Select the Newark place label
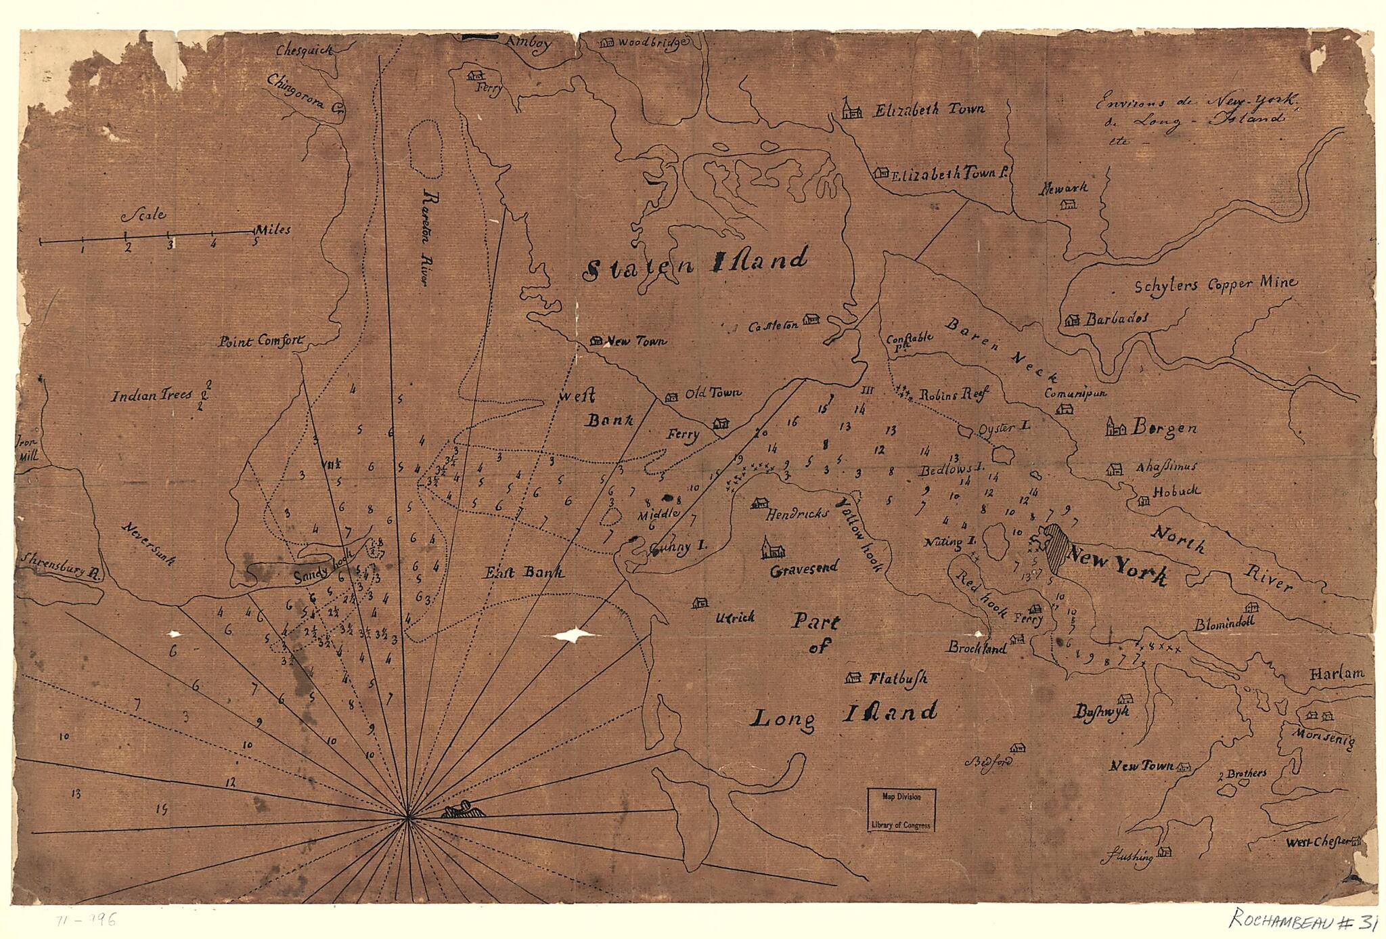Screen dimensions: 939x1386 tap(1064, 187)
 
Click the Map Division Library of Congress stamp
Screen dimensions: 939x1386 tap(902, 810)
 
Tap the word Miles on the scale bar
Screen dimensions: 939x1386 tap(273, 230)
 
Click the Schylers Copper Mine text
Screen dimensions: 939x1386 tap(1215, 284)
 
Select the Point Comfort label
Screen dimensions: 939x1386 tap(261, 342)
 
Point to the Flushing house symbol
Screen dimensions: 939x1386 tap(1164, 851)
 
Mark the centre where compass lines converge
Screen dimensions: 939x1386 tap(407, 819)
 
